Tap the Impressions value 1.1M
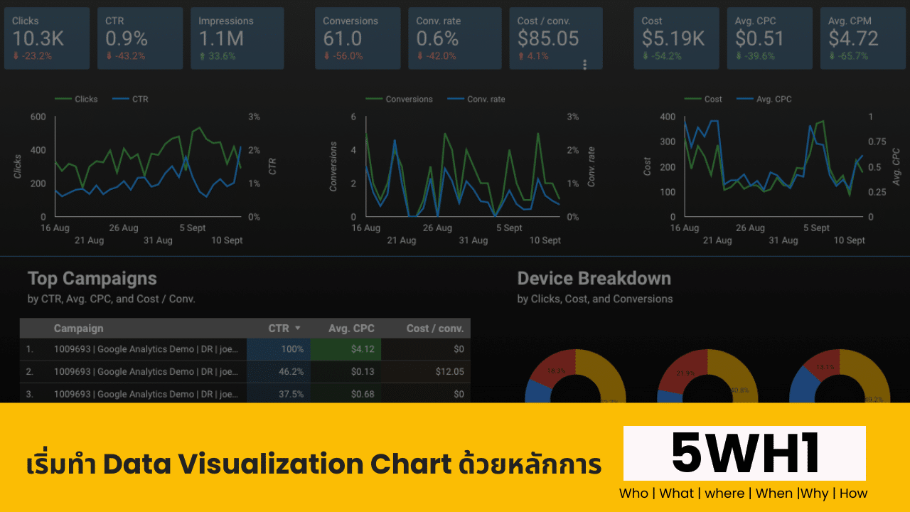coord(221,38)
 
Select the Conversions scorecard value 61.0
coord(342,38)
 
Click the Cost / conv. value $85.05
coord(548,38)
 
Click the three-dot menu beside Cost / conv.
coord(585,65)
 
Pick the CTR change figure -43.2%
coord(129,56)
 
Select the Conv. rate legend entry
coord(486,100)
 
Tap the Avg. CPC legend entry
coord(773,100)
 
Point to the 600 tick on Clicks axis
coord(37,117)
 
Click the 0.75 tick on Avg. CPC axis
coord(879,142)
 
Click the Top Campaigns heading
coord(92,279)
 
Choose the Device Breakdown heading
coord(594,279)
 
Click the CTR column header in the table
coord(279,329)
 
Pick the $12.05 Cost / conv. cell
coord(448,371)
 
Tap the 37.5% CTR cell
coord(291,394)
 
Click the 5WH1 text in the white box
coord(744,454)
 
